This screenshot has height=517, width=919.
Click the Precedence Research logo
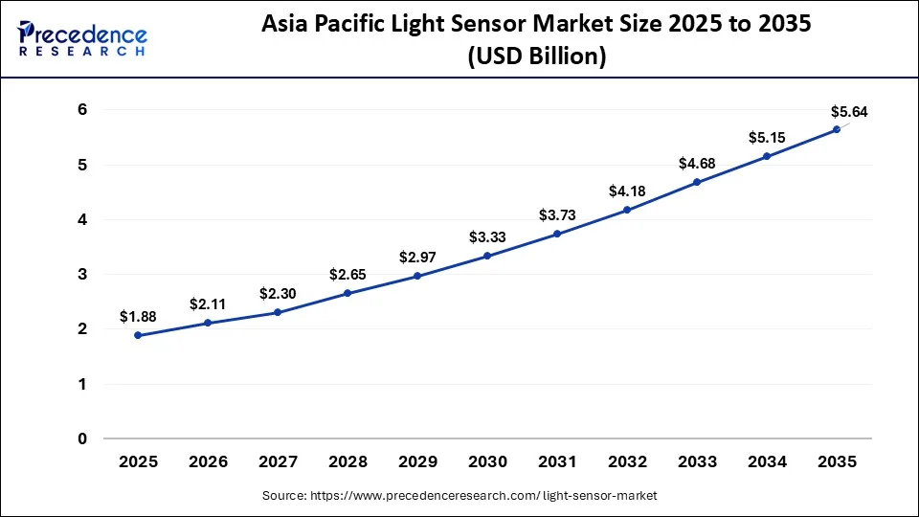pyautogui.click(x=82, y=39)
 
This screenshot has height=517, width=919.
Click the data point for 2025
pyautogui.click(x=139, y=335)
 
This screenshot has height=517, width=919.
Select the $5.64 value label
pyautogui.click(x=848, y=112)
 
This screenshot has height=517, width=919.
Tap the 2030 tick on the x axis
pyautogui.click(x=487, y=461)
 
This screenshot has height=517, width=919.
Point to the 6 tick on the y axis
pyautogui.click(x=82, y=110)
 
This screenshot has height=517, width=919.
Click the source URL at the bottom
pyautogui.click(x=459, y=495)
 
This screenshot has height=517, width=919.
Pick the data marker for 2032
pyautogui.click(x=627, y=210)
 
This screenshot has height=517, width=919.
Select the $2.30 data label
pyautogui.click(x=278, y=294)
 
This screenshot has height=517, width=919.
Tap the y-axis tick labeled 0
pyautogui.click(x=82, y=438)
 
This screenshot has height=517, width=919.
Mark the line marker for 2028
pyautogui.click(x=347, y=293)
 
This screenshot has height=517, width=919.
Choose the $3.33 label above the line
pyautogui.click(x=487, y=237)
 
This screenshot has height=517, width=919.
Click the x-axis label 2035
pyautogui.click(x=836, y=461)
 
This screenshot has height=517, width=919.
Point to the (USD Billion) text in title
pyautogui.click(x=536, y=57)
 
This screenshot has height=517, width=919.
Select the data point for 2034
pyautogui.click(x=766, y=156)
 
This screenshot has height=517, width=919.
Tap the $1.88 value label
pyautogui.click(x=139, y=317)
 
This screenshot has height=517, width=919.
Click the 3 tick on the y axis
pyautogui.click(x=82, y=275)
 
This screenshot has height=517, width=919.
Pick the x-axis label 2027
pyautogui.click(x=278, y=461)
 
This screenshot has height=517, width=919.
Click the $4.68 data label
pyautogui.click(x=697, y=164)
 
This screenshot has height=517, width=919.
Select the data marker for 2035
pyautogui.click(x=836, y=129)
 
